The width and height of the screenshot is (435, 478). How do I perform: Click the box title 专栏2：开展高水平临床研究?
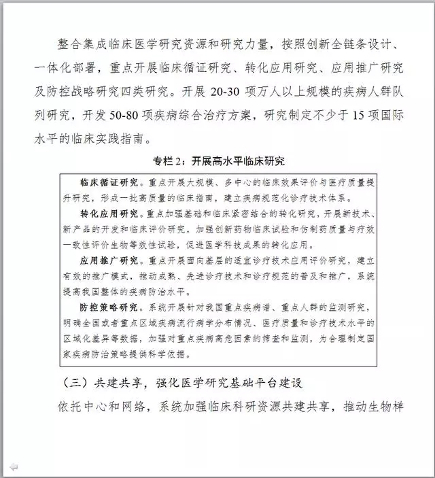click(217, 161)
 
